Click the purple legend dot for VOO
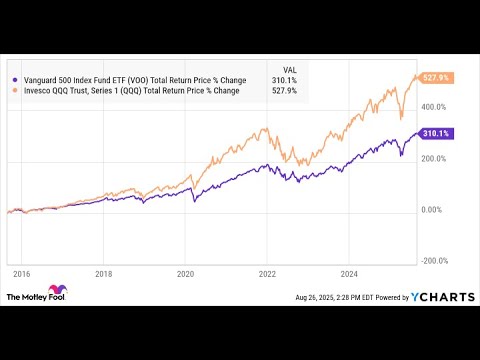coord(13,80)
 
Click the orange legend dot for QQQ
coord(13,91)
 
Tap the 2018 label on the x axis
coord(103,272)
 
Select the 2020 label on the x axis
coord(185,272)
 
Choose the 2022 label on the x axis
coord(267,272)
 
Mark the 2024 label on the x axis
coord(349,272)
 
